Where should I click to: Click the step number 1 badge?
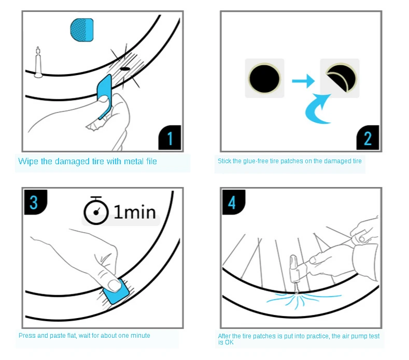[x=170, y=138]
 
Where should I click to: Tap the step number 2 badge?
[x=368, y=138]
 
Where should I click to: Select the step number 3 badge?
[x=35, y=203]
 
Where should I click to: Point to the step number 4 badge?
[x=233, y=203]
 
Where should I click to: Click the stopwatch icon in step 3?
[x=96, y=211]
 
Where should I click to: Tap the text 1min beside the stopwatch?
[x=135, y=212]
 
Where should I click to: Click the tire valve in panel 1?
[x=38, y=63]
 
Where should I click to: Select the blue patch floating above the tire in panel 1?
[x=81, y=30]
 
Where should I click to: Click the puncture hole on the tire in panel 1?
[x=125, y=69]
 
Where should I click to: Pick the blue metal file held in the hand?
[x=105, y=96]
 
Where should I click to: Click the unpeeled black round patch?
[x=264, y=78]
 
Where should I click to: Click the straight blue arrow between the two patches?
[x=303, y=81]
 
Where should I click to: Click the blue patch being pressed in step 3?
[x=116, y=292]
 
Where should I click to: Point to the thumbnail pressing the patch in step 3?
[x=114, y=285]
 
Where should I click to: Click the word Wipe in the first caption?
[x=28, y=162]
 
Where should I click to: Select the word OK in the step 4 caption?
[x=229, y=342]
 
